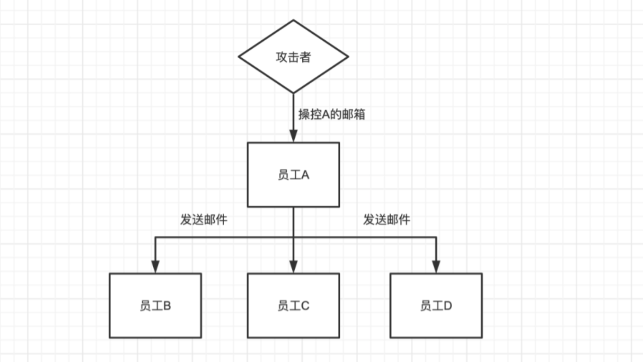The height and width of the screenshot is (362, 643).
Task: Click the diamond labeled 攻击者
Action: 293,57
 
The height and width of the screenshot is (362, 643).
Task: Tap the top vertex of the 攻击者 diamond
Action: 293,20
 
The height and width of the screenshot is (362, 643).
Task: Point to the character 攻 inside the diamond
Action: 281,57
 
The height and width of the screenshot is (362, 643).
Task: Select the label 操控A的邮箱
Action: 332,114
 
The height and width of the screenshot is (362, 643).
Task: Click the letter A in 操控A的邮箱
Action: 326,115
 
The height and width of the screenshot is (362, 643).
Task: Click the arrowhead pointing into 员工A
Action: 293,136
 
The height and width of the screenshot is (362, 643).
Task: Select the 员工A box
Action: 293,174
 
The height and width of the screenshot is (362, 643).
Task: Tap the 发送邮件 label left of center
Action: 204,220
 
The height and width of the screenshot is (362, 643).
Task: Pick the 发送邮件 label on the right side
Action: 386,220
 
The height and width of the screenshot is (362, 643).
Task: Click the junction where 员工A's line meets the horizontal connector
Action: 293,238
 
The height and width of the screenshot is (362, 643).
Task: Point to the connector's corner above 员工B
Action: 155,238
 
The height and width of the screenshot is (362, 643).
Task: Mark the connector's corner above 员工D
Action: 436,238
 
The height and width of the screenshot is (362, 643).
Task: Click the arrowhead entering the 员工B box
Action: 155,267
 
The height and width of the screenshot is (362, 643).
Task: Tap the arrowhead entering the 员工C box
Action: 293,267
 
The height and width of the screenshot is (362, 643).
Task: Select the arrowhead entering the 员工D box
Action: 436,267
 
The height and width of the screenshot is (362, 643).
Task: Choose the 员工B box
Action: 155,305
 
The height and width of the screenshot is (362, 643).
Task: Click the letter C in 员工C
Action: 305,306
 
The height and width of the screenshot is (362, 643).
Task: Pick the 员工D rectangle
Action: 436,305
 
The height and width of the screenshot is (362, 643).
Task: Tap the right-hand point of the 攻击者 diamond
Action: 348,57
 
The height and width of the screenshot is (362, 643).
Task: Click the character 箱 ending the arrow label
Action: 360,114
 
